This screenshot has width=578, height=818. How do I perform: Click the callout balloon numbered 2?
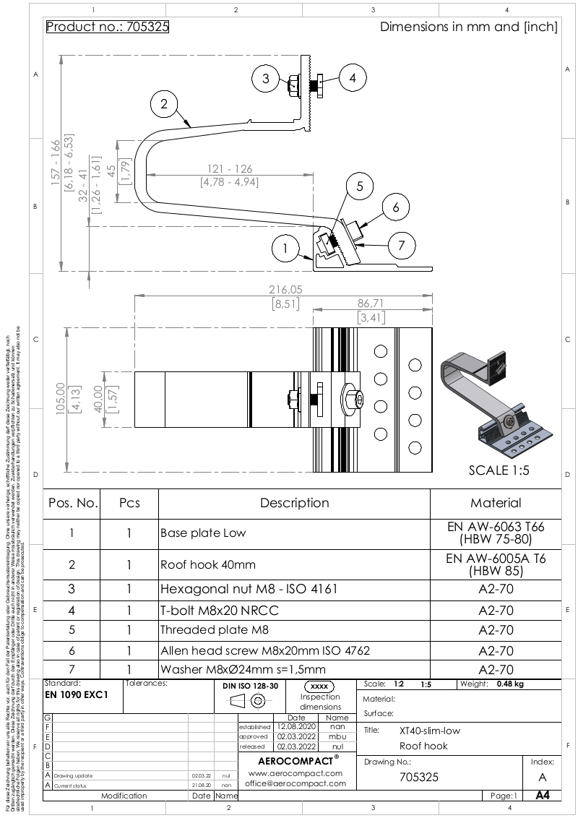[164, 105]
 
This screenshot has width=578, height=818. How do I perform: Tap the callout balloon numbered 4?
[353, 78]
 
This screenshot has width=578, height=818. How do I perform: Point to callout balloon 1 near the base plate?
[286, 249]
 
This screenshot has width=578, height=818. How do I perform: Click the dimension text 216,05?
[285, 289]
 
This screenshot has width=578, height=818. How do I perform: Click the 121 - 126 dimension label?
[228, 169]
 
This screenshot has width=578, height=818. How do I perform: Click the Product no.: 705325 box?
[107, 27]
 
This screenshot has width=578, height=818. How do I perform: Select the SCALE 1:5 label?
[500, 470]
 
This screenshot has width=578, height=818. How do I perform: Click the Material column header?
[496, 503]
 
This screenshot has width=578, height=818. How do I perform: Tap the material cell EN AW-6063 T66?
[496, 533]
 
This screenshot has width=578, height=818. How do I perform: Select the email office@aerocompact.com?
[294, 783]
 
